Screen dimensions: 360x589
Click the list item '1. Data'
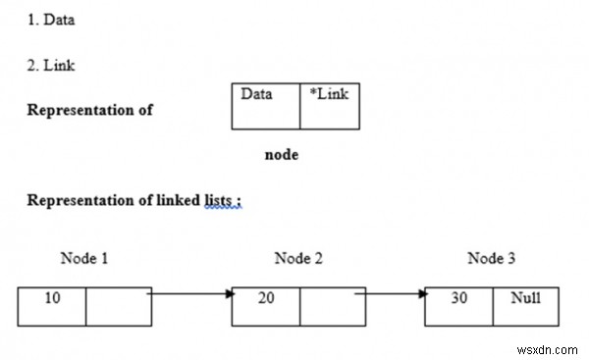(x=50, y=20)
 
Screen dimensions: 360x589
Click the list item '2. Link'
(x=50, y=66)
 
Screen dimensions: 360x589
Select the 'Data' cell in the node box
(x=265, y=106)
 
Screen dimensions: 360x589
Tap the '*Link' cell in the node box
(x=329, y=106)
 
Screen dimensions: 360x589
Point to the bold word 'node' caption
(x=282, y=155)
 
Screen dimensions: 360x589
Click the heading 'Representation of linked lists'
(x=134, y=201)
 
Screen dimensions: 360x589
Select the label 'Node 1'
(x=84, y=259)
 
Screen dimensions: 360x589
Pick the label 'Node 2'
(x=298, y=259)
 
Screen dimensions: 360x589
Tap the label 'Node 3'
(x=491, y=259)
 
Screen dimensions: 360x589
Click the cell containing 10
(x=52, y=306)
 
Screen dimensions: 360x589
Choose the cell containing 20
(x=266, y=306)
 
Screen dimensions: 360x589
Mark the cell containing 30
(x=458, y=306)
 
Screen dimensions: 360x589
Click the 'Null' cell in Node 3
(x=525, y=306)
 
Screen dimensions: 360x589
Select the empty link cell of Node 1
(x=118, y=306)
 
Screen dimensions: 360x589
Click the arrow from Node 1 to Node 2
(x=191, y=293)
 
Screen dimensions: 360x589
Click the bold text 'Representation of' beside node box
(x=89, y=110)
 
